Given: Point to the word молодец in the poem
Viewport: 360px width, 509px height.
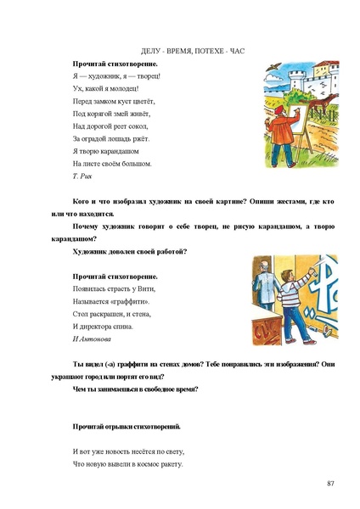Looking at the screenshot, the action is pyautogui.click(x=122, y=87).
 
